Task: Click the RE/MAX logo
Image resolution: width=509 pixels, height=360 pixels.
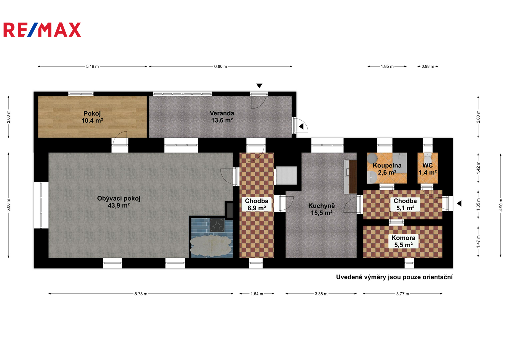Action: [42, 30]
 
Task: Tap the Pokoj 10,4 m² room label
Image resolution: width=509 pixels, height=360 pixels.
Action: [92, 117]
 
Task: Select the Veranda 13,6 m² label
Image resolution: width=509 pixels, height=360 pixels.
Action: [222, 117]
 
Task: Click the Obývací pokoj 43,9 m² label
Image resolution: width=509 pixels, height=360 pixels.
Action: [119, 202]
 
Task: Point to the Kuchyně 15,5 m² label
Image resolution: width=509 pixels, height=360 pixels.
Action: [322, 209]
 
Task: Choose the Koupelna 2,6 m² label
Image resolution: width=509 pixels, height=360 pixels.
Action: [387, 169]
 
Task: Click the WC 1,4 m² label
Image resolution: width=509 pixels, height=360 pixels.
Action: [428, 169]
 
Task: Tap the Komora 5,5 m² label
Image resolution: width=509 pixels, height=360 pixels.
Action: [403, 241]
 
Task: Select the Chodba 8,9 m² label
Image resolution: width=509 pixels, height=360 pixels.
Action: [257, 204]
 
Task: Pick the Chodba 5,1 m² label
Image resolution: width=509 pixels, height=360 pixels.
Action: [405, 204]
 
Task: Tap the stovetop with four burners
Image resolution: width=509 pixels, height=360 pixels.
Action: [217, 225]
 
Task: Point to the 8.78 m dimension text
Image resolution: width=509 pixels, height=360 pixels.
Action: [141, 294]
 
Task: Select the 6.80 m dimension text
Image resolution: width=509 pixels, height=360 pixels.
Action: [220, 67]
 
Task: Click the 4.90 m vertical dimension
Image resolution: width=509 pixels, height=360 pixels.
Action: [501, 205]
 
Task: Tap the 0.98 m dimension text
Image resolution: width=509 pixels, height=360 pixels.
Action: [428, 67]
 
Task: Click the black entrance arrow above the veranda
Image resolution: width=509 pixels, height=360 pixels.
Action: [259, 86]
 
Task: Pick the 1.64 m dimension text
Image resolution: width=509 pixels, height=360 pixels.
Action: [257, 294]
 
